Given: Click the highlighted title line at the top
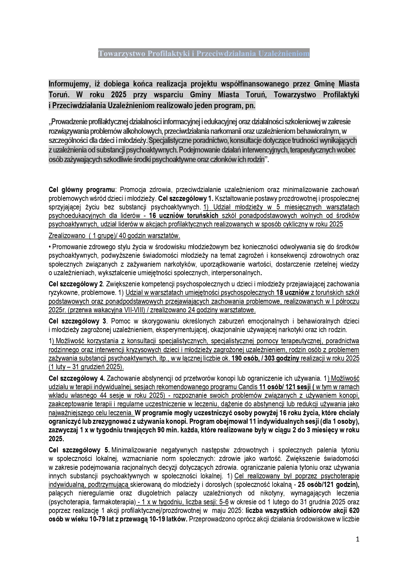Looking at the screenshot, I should [x=204, y=53].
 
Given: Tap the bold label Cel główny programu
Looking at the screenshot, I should [x=82, y=190].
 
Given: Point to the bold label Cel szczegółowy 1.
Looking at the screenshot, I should [x=186, y=198].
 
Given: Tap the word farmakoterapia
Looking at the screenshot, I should [x=115, y=502].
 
